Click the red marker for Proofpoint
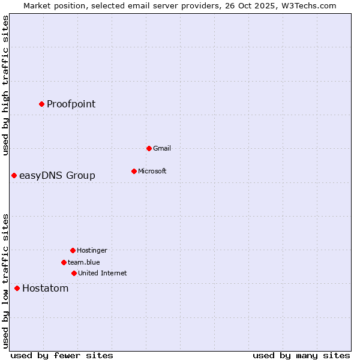[x=41, y=104]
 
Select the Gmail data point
[x=149, y=148]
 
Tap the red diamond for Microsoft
[x=134, y=171]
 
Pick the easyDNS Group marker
[x=14, y=175]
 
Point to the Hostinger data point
[x=73, y=250]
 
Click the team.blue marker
[x=64, y=262]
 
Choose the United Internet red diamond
[x=74, y=273]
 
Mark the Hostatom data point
[x=17, y=288]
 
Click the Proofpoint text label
[x=71, y=104]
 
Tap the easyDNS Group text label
[x=57, y=175]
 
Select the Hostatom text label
[x=45, y=288]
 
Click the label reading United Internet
[x=102, y=273]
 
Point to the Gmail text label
[x=162, y=148]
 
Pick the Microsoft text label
[x=152, y=171]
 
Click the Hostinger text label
[x=92, y=250]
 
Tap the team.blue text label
[x=83, y=262]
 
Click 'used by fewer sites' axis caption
[x=61, y=355]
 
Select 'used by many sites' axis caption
[x=301, y=355]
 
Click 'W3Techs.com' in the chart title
[x=309, y=5]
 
